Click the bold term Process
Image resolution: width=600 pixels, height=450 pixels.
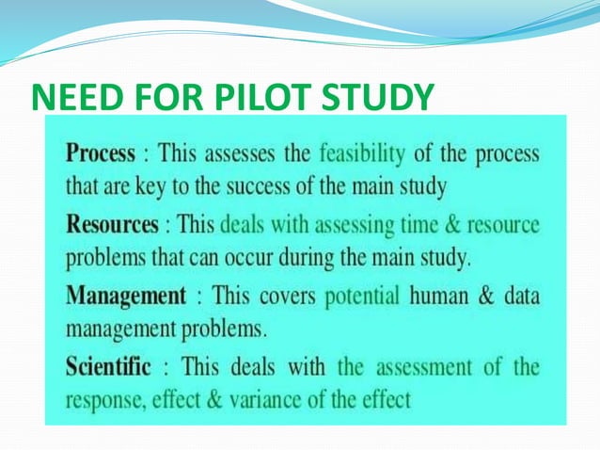click(100, 153)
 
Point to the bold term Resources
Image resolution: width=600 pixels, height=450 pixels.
click(111, 226)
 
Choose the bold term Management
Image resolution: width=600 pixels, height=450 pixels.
click(126, 297)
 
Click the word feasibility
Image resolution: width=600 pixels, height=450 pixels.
click(362, 153)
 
